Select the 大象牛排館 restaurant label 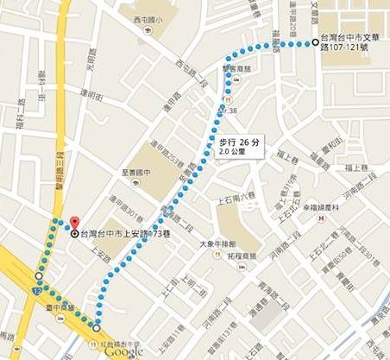pyautogui.click(x=218, y=243)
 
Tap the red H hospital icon pyautogui.click(x=321, y=218)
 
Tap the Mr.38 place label pyautogui.click(x=226, y=111)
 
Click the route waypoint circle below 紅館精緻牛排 pyautogui.click(x=95, y=329)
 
